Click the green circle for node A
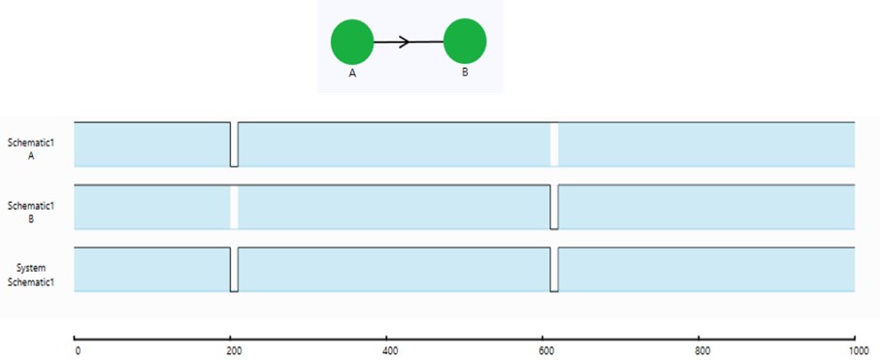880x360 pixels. pos(352,43)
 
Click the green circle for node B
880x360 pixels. pos(465,41)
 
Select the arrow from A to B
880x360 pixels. pos(408,42)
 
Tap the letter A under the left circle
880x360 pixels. pos(352,74)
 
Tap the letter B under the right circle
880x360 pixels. pos(465,74)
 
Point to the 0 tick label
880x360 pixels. pos(78,351)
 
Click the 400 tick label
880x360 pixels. pos(387,351)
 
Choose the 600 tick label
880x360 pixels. pos(543,351)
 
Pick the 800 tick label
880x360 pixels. pos(699,351)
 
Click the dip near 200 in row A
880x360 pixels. pos(234,146)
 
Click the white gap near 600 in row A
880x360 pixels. pos(554,146)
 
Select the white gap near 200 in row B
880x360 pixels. pos(234,207)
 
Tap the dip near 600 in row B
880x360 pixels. pos(554,208)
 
